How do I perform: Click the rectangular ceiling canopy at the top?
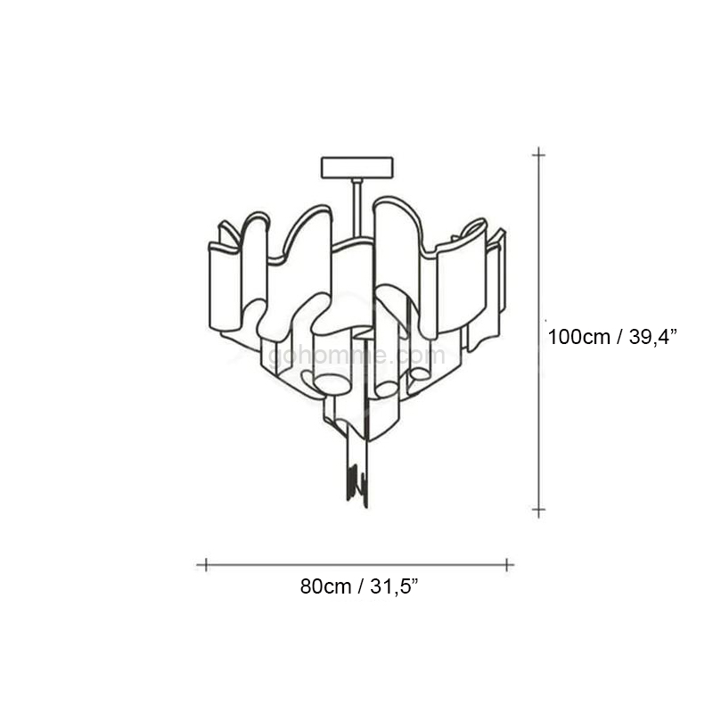(x=357, y=167)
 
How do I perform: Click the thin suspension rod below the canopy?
(x=357, y=209)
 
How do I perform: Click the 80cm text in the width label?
(x=325, y=586)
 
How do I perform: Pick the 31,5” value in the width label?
(x=394, y=586)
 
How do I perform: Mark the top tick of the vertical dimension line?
(x=539, y=155)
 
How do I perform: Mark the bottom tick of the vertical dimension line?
(x=539, y=510)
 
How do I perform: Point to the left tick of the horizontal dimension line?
(x=206, y=565)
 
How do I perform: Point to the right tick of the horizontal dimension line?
(x=506, y=565)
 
